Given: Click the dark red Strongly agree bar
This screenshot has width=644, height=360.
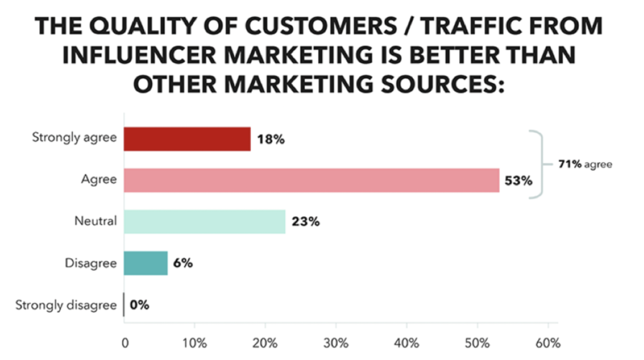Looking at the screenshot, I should coord(187,139).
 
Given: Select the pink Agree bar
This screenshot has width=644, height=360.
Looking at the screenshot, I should coord(311,180).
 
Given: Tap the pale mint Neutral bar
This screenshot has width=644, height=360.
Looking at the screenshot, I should coord(204,222).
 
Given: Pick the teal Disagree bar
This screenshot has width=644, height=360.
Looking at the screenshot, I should coord(146,263).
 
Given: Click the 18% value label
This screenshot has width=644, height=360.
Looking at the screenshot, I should coord(271,140).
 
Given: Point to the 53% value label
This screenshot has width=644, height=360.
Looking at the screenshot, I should coord(519,181).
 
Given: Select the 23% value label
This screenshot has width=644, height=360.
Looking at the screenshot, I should coord(306,222).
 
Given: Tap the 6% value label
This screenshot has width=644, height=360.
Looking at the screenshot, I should coord(183,263).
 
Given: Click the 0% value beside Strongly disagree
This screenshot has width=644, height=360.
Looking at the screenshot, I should coord(140,305).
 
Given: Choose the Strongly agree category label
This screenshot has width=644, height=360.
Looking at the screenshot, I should coord(74,138).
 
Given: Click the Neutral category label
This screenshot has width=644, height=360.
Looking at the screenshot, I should coord(96,221).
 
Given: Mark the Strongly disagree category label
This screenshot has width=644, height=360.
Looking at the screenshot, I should coord(66,305).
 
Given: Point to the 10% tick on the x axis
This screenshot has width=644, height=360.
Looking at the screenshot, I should coord(194,344).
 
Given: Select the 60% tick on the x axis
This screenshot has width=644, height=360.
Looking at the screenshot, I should coord(548,344).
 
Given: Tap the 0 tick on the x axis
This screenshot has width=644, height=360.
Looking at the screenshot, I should coord(125,344).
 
